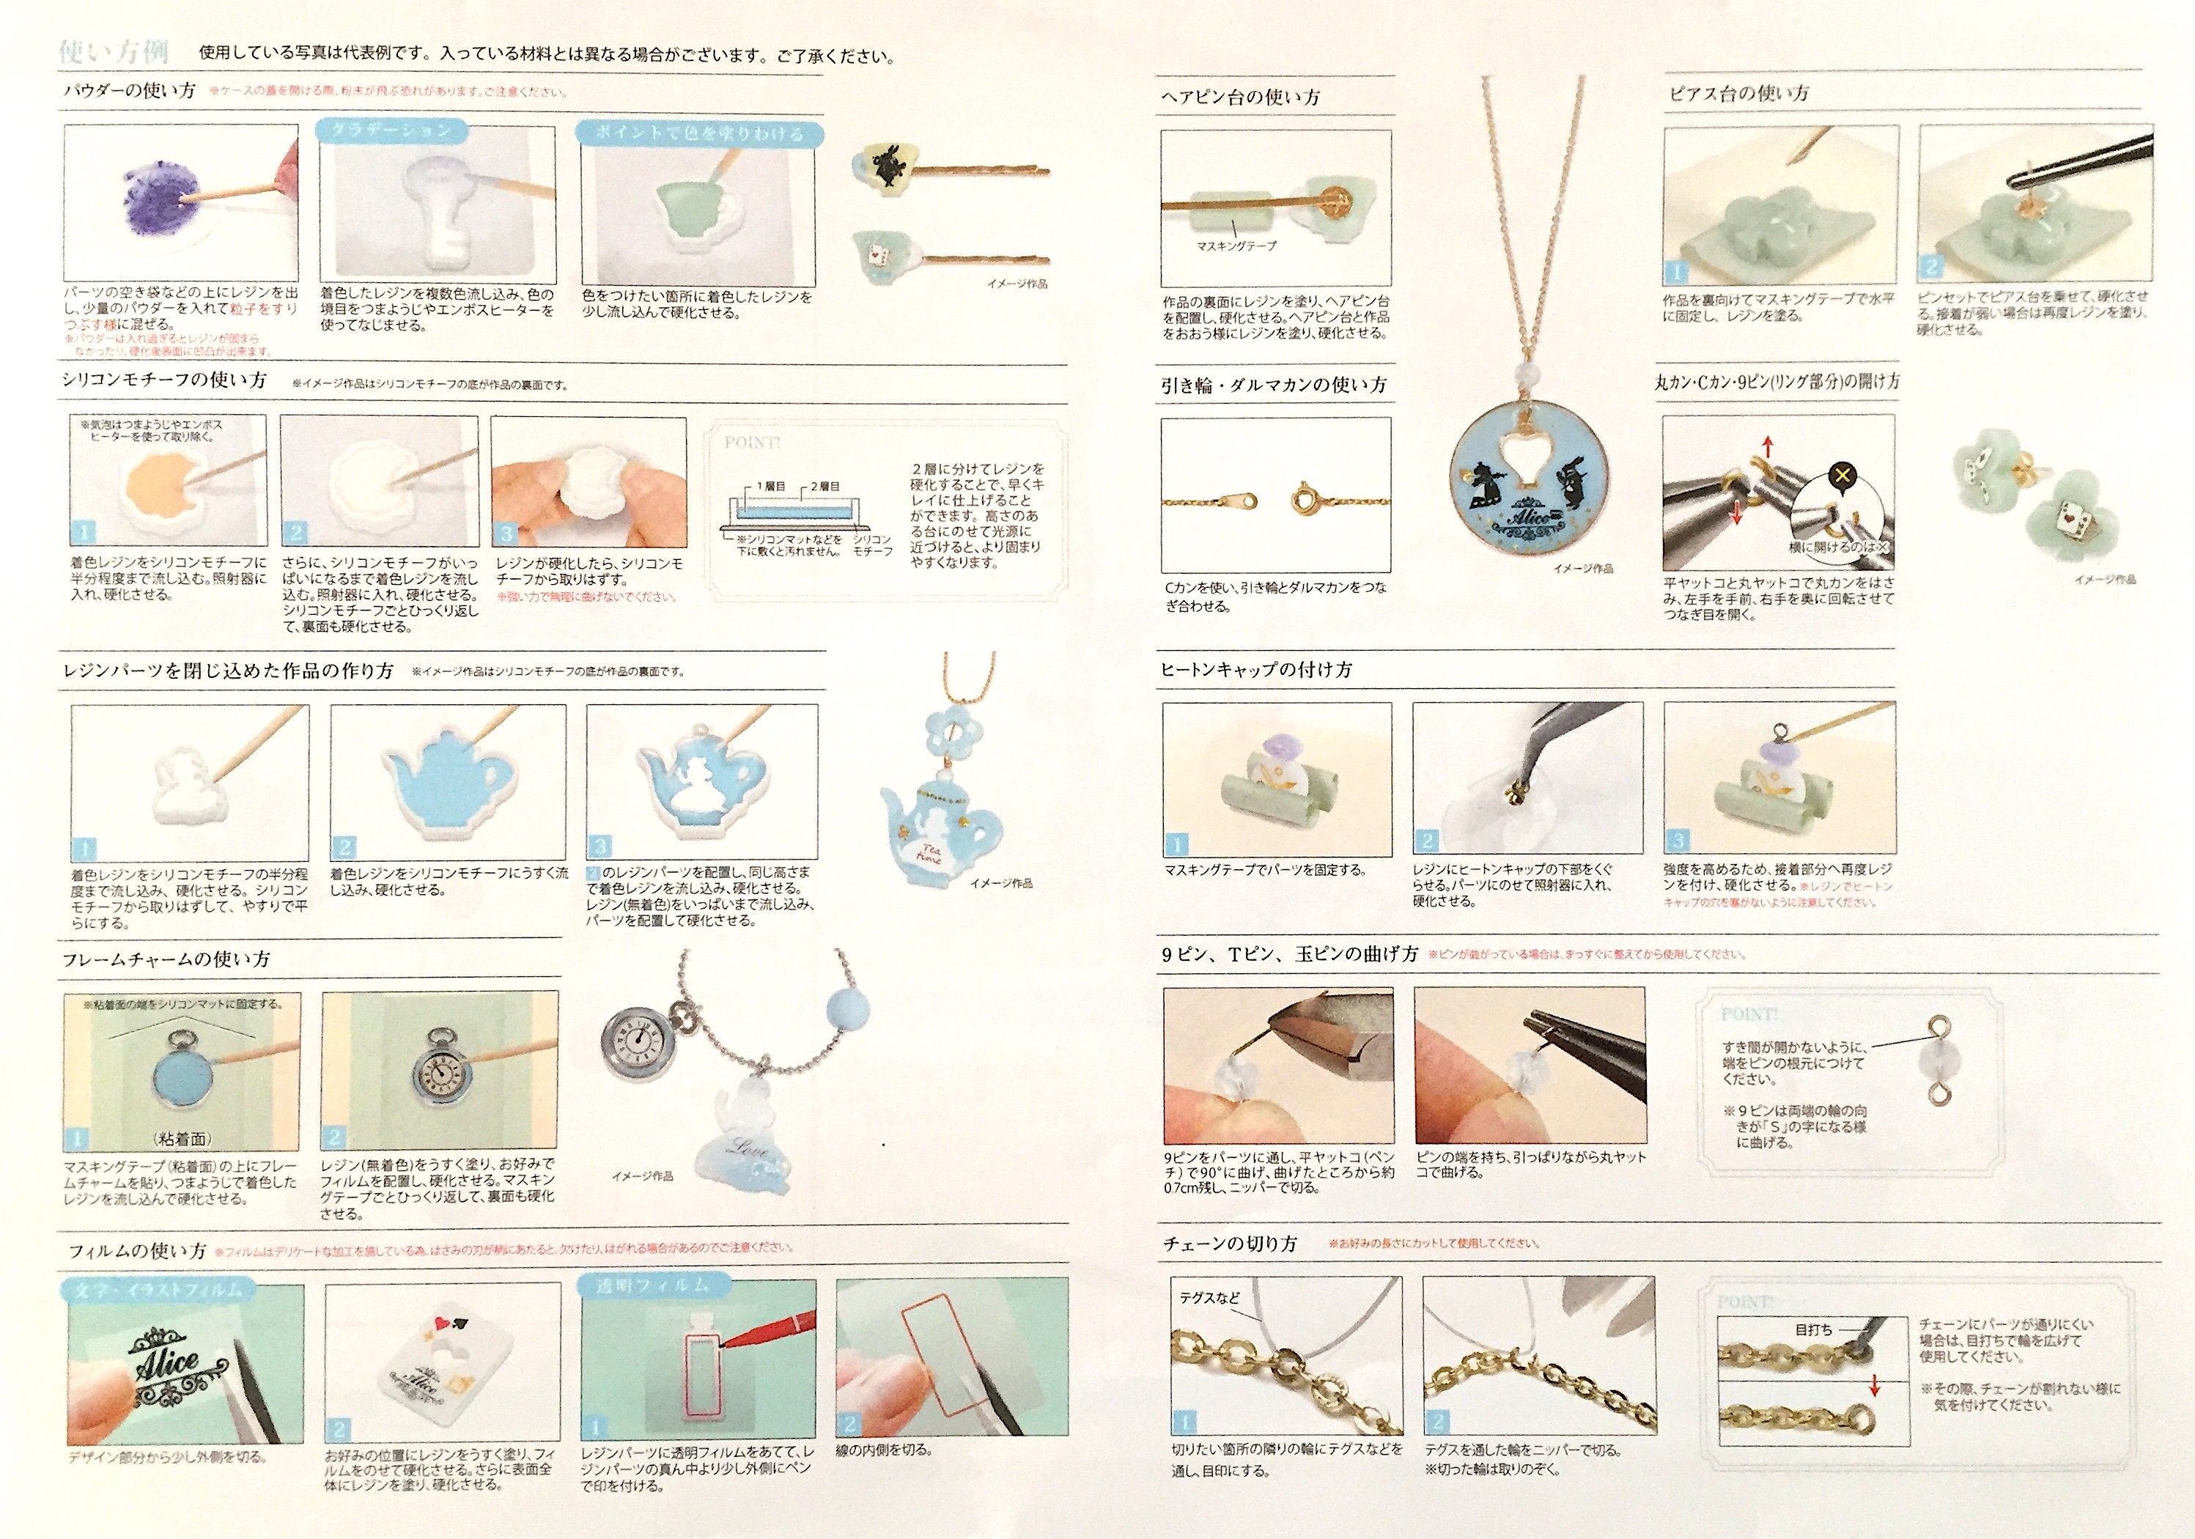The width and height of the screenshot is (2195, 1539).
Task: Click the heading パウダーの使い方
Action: click(129, 92)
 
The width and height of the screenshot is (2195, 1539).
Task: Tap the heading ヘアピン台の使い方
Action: click(1240, 97)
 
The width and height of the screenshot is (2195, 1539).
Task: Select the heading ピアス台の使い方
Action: click(1738, 94)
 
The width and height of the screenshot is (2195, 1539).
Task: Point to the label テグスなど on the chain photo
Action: click(1209, 1298)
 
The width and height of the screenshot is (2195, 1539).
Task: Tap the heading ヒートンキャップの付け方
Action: click(1256, 670)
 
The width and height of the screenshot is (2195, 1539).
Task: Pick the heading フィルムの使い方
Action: click(137, 1250)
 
